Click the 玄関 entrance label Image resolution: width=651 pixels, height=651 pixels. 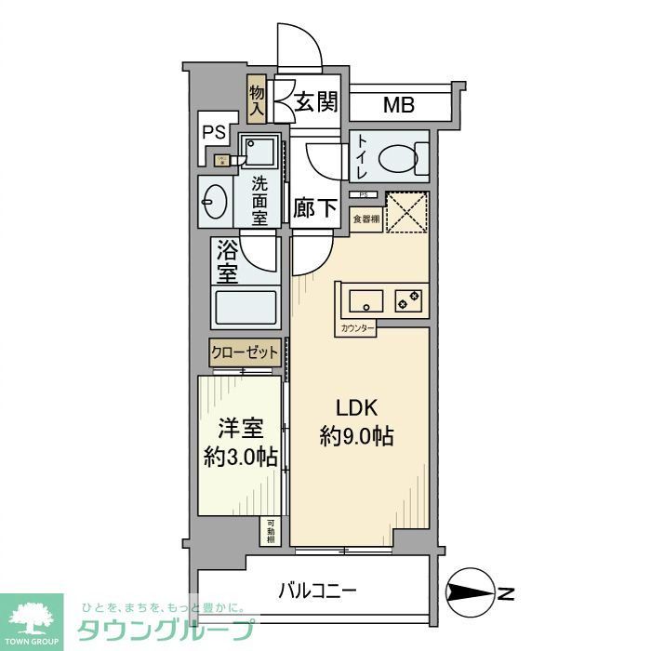click(315, 101)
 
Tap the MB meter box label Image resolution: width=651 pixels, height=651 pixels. click(399, 104)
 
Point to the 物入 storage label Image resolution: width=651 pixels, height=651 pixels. click(258, 100)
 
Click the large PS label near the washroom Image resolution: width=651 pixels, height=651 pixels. click(213, 132)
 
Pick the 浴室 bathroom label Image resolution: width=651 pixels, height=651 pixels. click(229, 262)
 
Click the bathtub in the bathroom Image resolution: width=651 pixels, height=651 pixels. click(246, 307)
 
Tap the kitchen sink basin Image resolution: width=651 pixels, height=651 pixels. click(365, 300)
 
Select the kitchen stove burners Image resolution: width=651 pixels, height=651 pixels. click(407, 300)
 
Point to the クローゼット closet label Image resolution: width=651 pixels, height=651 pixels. click(245, 352)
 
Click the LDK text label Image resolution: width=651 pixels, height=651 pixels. click(355, 409)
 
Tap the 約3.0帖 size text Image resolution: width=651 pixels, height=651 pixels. click(240, 457)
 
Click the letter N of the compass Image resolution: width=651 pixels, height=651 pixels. click(503, 591)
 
